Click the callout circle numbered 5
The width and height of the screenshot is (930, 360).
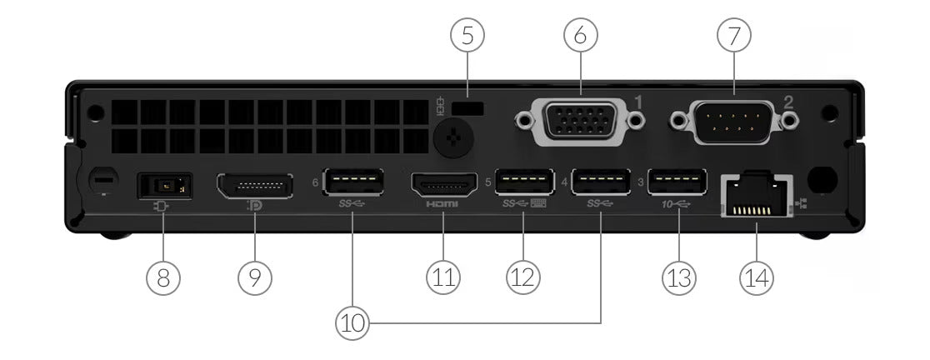(467, 35)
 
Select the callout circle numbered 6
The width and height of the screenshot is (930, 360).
(581, 35)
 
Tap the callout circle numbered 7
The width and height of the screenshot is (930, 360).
(734, 35)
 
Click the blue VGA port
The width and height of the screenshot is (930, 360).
(580, 121)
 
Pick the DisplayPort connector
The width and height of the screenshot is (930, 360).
(254, 185)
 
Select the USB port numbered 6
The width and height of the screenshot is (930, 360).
(354, 182)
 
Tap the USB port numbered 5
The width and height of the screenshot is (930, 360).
(524, 182)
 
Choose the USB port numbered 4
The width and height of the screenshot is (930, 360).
(600, 182)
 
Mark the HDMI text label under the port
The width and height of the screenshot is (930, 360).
(442, 204)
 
